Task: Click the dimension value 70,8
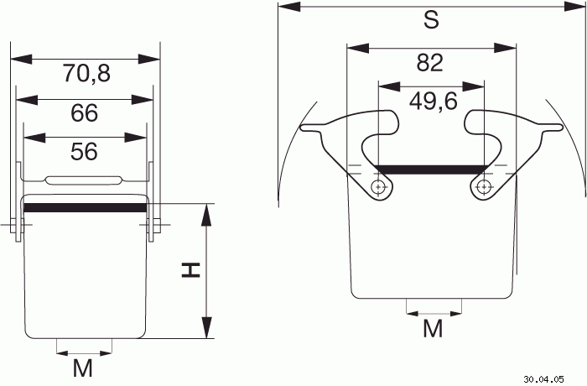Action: point(86,73)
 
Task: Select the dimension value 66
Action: point(84,112)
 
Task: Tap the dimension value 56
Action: point(84,152)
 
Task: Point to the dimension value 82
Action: point(430,63)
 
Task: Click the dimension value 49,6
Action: point(434,102)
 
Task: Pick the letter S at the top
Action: point(431,20)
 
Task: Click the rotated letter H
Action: point(191,270)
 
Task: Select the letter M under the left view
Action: point(83,368)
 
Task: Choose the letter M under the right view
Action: point(434,329)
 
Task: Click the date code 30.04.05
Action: point(543,379)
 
